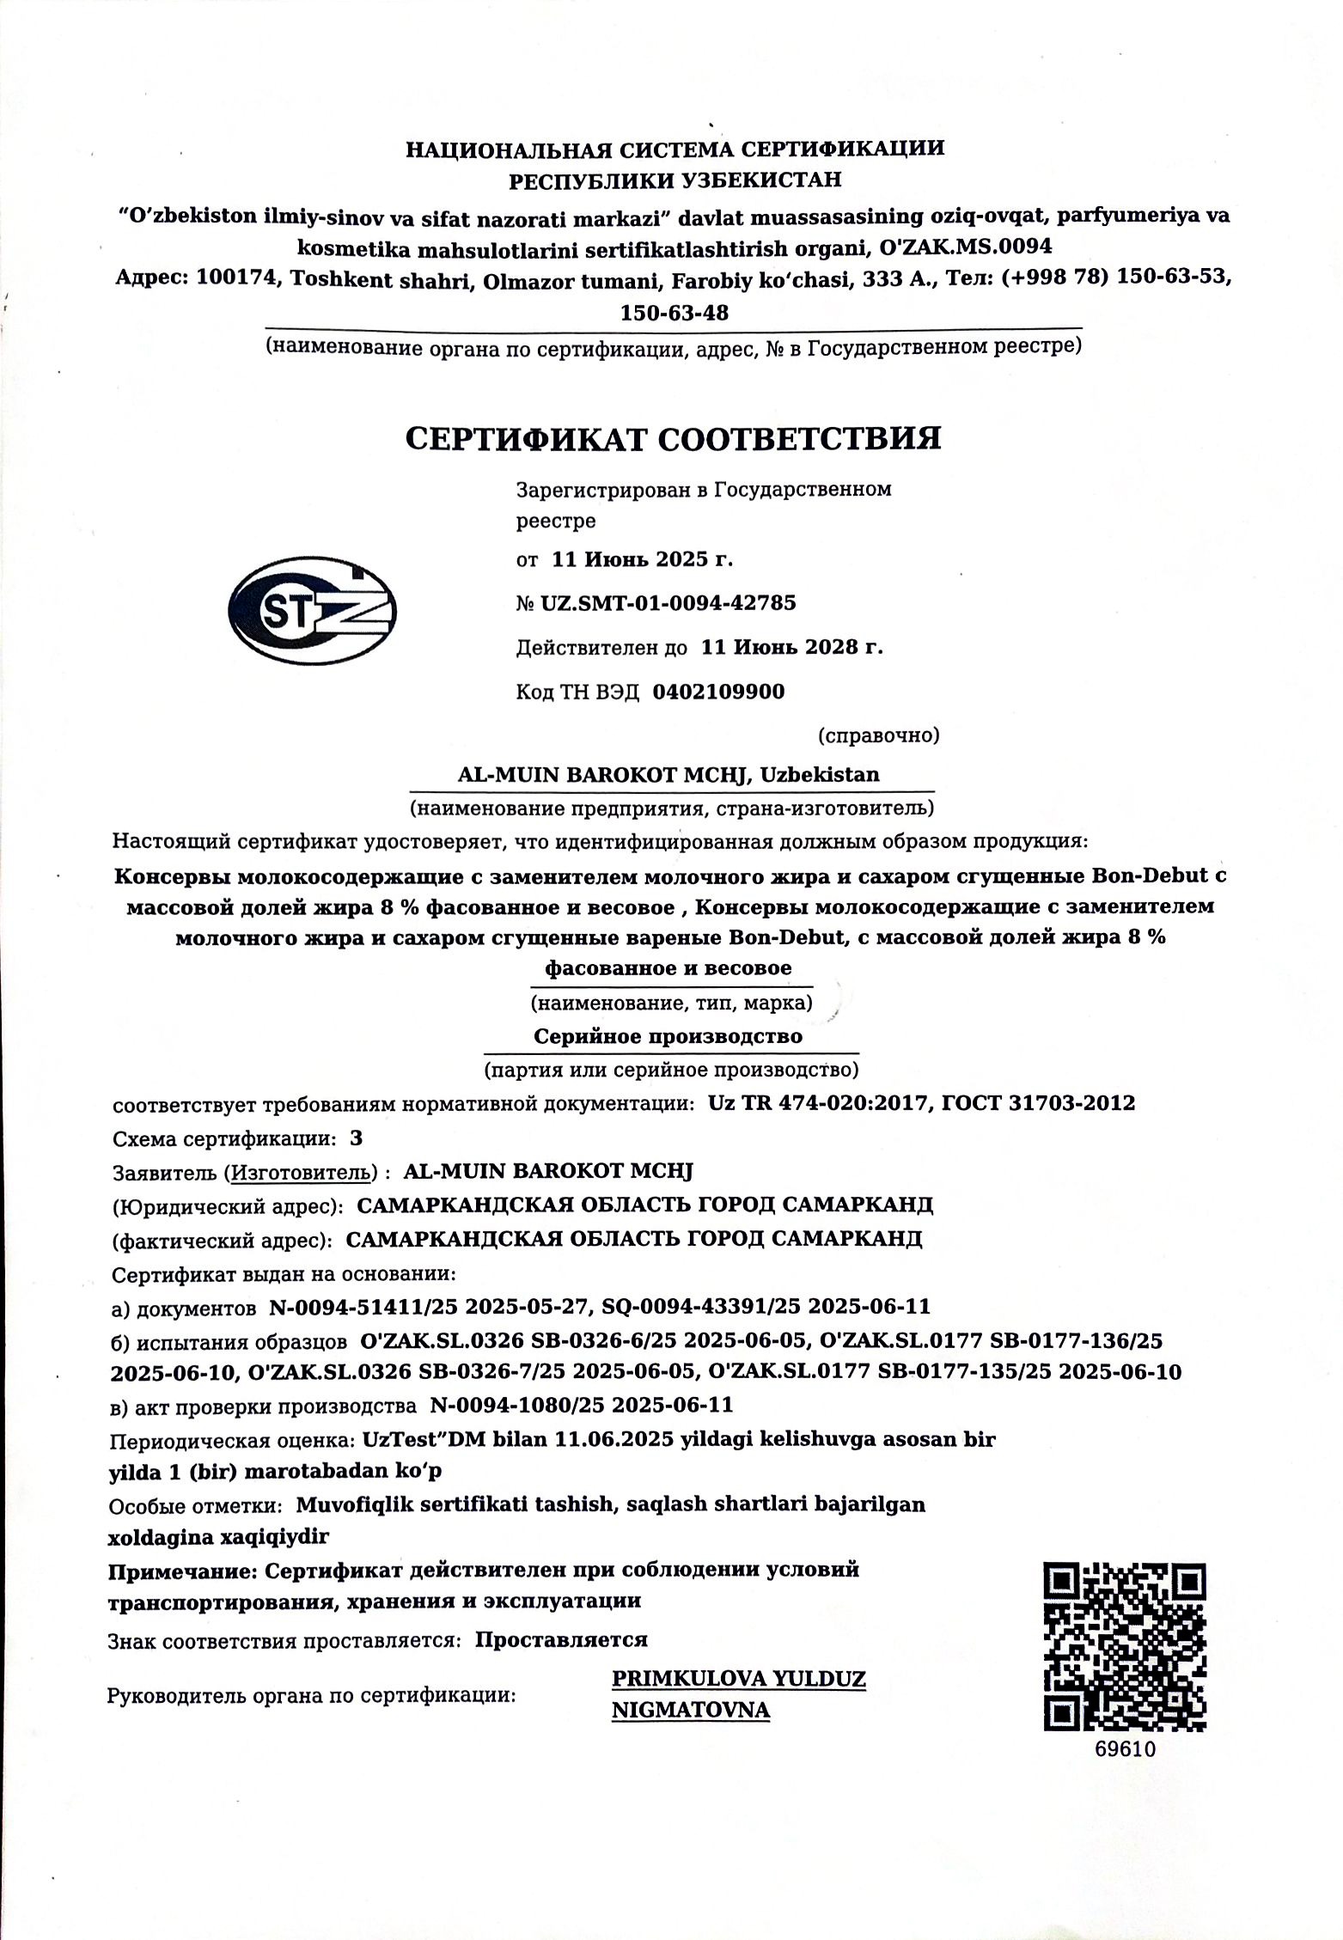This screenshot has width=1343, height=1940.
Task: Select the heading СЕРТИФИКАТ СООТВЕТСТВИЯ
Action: (673, 438)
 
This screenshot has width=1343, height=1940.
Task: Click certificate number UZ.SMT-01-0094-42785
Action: (668, 603)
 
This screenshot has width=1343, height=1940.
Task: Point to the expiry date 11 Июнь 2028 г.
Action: (791, 647)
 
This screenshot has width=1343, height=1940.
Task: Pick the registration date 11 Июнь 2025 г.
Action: (642, 560)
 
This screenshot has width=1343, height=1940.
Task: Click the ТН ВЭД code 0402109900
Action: (718, 692)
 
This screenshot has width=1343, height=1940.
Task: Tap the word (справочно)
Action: (878, 735)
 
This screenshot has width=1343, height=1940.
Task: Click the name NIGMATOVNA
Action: (690, 1710)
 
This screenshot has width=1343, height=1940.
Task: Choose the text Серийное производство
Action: (668, 1036)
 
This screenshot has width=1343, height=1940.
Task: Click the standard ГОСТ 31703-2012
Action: (1038, 1103)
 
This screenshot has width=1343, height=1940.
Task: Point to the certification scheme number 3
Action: (357, 1138)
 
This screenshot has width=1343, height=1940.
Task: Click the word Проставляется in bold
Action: (561, 1639)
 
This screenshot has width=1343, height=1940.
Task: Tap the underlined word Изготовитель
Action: (304, 1171)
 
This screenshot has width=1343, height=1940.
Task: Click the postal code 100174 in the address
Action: (235, 279)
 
